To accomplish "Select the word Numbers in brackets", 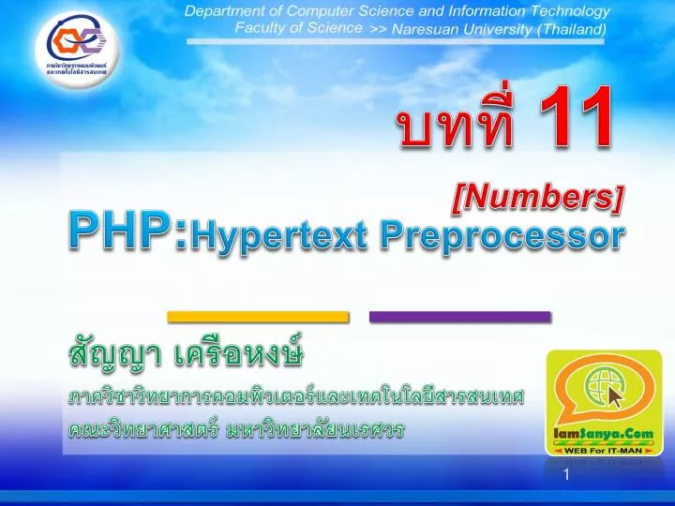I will (539, 198).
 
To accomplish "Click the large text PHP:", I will (127, 231).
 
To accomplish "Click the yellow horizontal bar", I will (258, 317).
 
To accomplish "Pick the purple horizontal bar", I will (459, 317).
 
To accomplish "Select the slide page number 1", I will (566, 476).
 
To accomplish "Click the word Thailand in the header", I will (573, 29).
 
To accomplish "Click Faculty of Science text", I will (298, 28).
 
